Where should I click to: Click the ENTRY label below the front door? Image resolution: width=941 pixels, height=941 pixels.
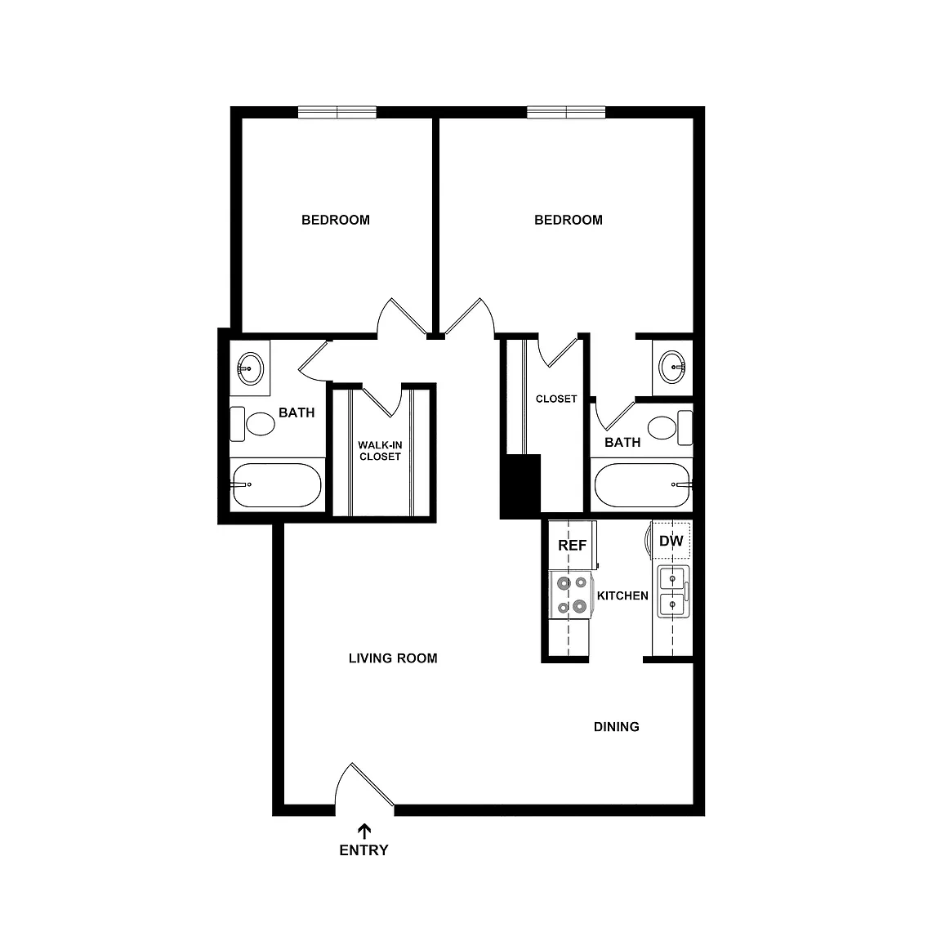[x=363, y=850]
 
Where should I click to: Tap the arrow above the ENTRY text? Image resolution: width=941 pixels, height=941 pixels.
[x=364, y=832]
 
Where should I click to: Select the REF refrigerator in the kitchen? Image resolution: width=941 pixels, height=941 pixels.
[x=573, y=545]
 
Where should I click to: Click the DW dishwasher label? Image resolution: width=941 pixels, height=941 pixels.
[x=671, y=541]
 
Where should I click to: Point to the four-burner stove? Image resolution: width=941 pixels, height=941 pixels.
[x=571, y=595]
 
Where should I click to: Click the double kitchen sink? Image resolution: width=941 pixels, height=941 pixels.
[x=673, y=591]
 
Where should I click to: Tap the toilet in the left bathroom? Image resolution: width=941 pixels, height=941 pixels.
[x=252, y=424]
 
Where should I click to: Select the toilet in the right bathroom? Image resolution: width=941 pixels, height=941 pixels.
[x=670, y=428]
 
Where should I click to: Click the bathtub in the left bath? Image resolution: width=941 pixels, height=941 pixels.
[x=277, y=485]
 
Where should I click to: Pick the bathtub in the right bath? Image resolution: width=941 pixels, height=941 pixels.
[x=643, y=485]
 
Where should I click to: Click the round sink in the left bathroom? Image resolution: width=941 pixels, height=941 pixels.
[x=250, y=368]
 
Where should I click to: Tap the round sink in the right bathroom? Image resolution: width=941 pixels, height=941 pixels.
[x=672, y=367]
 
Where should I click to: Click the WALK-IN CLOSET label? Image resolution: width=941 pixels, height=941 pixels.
[x=380, y=451]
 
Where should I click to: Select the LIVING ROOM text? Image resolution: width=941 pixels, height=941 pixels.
[x=393, y=658]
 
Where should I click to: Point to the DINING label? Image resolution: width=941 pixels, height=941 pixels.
[x=617, y=727]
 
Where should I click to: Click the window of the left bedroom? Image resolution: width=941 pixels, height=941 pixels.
[x=337, y=112]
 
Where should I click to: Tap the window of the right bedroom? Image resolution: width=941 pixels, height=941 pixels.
[x=567, y=112]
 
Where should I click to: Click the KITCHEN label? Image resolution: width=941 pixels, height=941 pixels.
[x=622, y=596]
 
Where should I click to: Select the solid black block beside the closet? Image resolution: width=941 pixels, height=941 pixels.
[x=521, y=486]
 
